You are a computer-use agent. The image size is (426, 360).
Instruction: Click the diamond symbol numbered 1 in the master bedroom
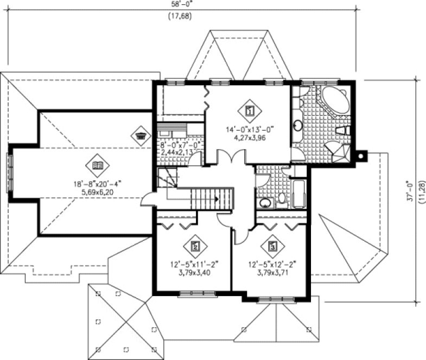click(250, 111)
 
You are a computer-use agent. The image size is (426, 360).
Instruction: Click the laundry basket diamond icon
click(141, 135)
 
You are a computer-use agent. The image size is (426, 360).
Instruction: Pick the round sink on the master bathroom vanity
click(298, 126)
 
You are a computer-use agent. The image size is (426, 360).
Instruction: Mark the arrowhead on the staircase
click(217, 199)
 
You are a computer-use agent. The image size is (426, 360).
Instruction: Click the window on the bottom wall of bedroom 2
click(194, 294)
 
